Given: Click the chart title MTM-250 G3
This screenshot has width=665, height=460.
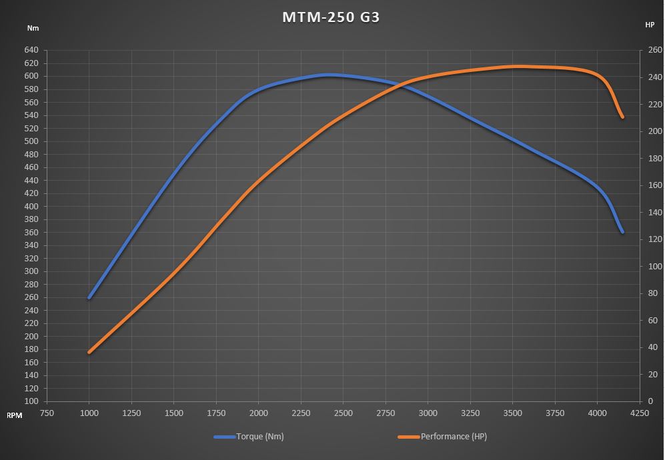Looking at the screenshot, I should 331,17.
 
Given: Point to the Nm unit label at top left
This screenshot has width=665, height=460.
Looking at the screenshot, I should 33,28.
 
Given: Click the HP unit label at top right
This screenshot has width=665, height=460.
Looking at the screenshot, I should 650,25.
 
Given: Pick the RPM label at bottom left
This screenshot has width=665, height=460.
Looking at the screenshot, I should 15,415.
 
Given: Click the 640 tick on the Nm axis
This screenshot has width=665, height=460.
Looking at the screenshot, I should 32,50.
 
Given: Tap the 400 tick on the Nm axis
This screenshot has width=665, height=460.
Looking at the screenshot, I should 32,206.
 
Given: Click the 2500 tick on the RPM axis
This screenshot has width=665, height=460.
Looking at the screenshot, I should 343,413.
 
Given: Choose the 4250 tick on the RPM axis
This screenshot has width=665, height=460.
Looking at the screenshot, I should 639,413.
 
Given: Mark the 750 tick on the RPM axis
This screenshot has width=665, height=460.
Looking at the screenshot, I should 47,413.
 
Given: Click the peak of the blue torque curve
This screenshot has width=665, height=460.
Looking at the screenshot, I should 328,75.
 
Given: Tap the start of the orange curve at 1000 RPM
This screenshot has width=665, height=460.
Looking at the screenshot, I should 89,352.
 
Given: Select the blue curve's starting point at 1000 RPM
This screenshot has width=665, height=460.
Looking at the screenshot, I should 89,297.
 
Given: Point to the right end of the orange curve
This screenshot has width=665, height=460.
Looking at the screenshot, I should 622,117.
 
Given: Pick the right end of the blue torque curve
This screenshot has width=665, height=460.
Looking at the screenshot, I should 622,232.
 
